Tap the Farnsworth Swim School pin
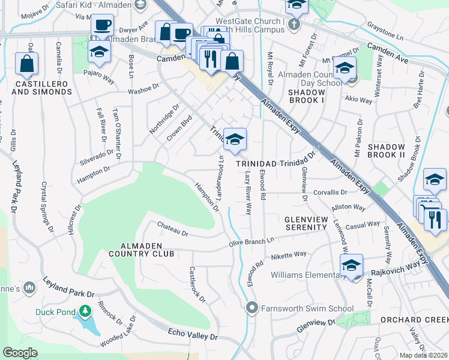coord(252,308)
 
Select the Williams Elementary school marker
coord(351,266)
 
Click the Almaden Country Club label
coord(139,250)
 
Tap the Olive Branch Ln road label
coord(252,241)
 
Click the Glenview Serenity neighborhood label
coord(306,223)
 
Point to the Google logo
coord(20,353)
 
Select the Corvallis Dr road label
coord(329,193)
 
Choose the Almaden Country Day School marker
coord(345,69)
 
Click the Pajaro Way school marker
coord(99,52)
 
